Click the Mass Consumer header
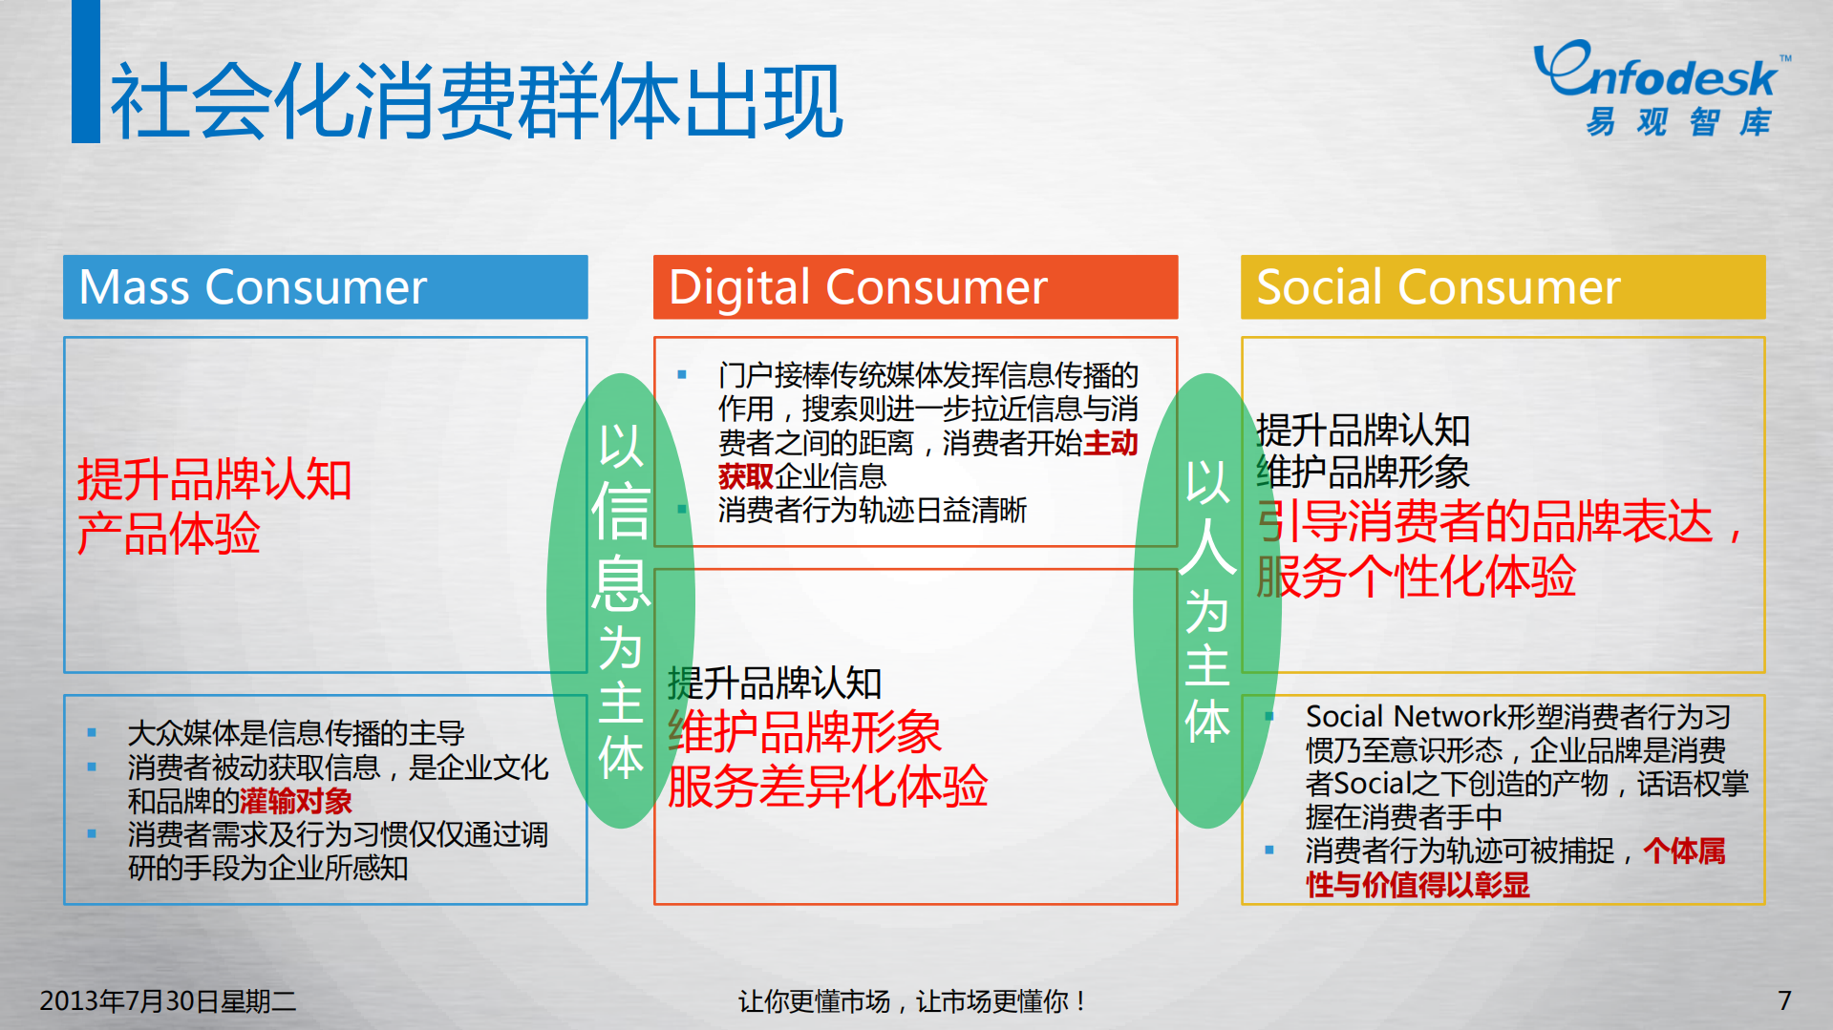coord(325,287)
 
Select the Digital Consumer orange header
coord(914,287)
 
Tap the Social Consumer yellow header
coord(1502,287)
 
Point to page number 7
coord(1783,1000)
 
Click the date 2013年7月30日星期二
coord(167,1000)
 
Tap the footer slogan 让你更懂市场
coord(814,1001)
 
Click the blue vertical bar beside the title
coord(86,72)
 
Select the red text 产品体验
coord(168,534)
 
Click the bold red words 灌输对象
coord(296,801)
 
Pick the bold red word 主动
coord(1110,443)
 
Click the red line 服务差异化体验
coord(827,787)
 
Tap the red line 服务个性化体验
coord(1416,577)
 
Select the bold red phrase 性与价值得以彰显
coord(1417,885)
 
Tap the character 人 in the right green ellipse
coord(1207,547)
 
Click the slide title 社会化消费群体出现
coord(476,101)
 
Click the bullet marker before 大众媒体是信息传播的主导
coord(92,733)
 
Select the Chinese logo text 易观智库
coord(1678,122)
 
